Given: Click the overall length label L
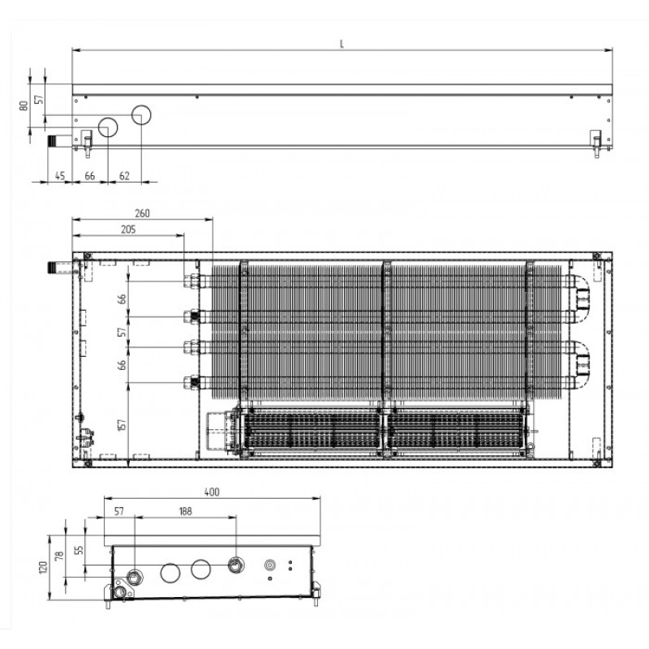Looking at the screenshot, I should pyautogui.click(x=342, y=44).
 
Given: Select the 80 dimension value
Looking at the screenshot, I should pyautogui.click(x=24, y=103).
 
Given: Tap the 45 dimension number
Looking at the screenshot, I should pyautogui.click(x=59, y=175).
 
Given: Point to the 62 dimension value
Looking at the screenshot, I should pyautogui.click(x=124, y=175).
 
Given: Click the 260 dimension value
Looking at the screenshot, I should pyautogui.click(x=142, y=213).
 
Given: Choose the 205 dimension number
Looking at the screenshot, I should pyautogui.click(x=127, y=230).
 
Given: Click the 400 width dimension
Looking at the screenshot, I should pyautogui.click(x=212, y=492).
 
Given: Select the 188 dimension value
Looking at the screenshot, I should pyautogui.click(x=185, y=512).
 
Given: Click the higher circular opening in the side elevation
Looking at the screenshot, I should pyautogui.click(x=142, y=114).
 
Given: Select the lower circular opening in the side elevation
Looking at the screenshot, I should pyautogui.click(x=108, y=127).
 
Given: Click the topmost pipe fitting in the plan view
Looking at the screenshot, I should pyautogui.click(x=193, y=282).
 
